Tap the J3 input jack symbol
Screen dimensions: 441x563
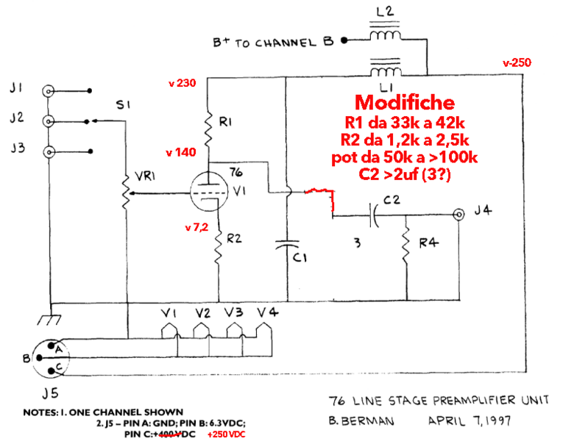pyautogui.click(x=49, y=153)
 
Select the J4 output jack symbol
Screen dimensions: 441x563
pyautogui.click(x=459, y=215)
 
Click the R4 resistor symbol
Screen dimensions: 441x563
pyautogui.click(x=406, y=244)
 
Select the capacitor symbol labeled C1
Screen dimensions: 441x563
pyautogui.click(x=286, y=247)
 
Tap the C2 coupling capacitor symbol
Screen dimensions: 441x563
pyautogui.click(x=375, y=215)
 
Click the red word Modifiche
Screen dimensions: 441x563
pyautogui.click(x=405, y=102)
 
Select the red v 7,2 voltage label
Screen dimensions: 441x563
pyautogui.click(x=197, y=228)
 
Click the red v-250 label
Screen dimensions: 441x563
pyautogui.click(x=517, y=63)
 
